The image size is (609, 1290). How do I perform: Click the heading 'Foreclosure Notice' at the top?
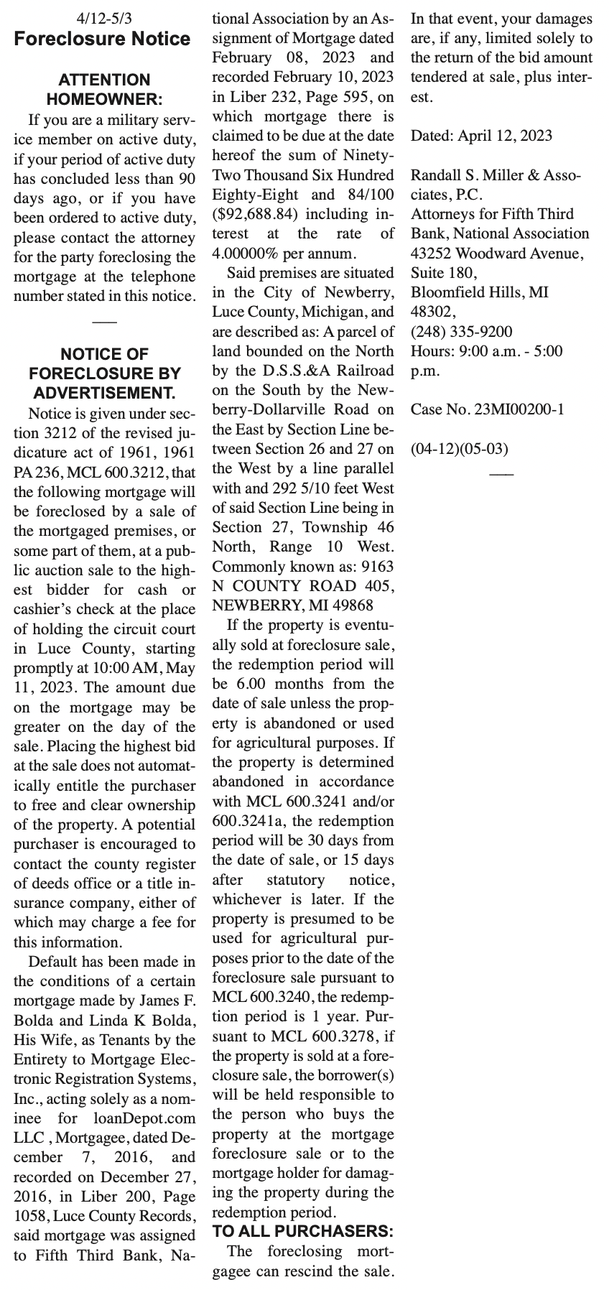click(103, 39)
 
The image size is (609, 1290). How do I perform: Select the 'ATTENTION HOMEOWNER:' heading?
click(104, 89)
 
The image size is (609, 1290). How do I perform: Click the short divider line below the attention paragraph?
click(104, 321)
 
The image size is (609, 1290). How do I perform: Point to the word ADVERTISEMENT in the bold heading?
click(104, 393)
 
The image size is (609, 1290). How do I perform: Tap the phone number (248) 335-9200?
click(461, 331)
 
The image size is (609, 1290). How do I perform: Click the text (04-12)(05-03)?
click(459, 449)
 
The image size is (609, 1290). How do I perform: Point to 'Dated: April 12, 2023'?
click(481, 135)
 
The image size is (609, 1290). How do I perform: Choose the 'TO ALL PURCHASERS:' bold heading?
click(303, 1231)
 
